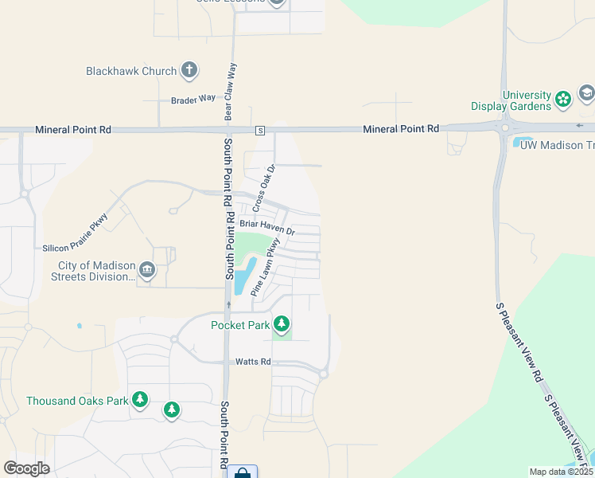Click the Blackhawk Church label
[131, 71]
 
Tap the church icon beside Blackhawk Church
[189, 71]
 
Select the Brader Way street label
[193, 99]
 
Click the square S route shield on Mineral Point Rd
[259, 130]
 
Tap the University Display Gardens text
[511, 100]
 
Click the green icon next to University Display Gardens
[563, 100]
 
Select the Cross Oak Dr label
[263, 188]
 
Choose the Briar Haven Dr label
[267, 228]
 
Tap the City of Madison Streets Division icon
[146, 271]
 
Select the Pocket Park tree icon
[281, 323]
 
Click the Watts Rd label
[253, 362]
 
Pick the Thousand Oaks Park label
[77, 401]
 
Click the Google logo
[27, 468]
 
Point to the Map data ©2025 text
[561, 472]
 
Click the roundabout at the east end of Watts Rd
[324, 374]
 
